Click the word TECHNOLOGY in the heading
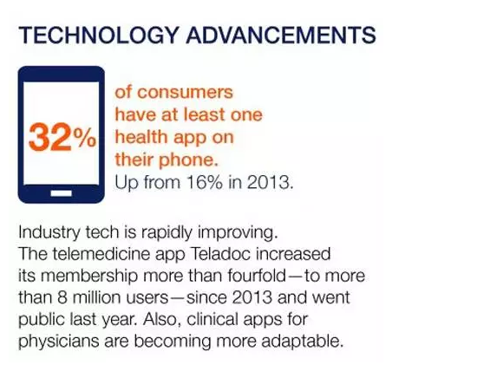(x=98, y=36)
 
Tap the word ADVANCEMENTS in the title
(x=281, y=35)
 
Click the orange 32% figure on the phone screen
(x=62, y=138)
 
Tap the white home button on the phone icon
(x=62, y=193)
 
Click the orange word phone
(x=188, y=160)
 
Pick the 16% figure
(x=205, y=182)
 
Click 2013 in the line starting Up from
(x=270, y=182)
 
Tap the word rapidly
(x=167, y=233)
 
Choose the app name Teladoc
(x=221, y=254)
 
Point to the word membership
(x=88, y=277)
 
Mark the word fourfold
(x=257, y=276)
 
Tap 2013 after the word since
(x=252, y=297)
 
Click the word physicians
(x=59, y=342)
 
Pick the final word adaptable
(x=303, y=342)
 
